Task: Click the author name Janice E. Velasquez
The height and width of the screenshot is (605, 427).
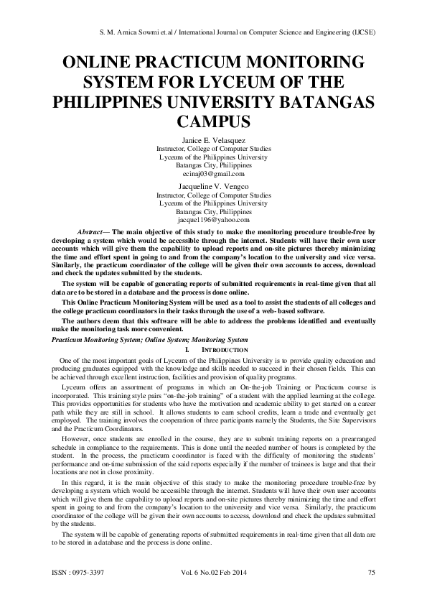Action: click(x=214, y=139)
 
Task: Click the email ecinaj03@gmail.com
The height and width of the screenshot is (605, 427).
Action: click(x=214, y=173)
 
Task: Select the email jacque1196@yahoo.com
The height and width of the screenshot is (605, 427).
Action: click(x=214, y=221)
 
